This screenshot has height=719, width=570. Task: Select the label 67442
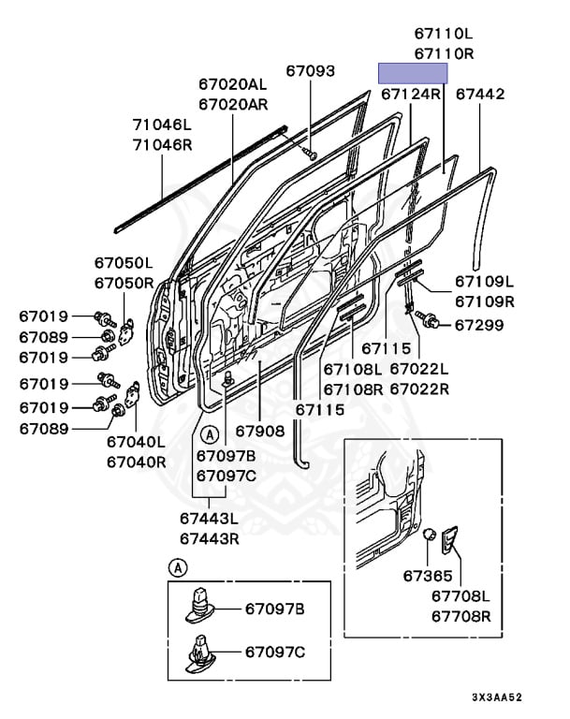click(x=480, y=95)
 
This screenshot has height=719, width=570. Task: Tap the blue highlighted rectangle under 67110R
click(x=412, y=73)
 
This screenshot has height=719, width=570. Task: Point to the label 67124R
click(x=411, y=95)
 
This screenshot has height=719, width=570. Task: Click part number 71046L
click(x=161, y=125)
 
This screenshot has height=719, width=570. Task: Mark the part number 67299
click(x=479, y=325)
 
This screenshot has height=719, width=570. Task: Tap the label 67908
click(x=259, y=432)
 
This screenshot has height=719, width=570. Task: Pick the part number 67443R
click(x=210, y=538)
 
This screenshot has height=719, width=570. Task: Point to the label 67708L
click(x=461, y=595)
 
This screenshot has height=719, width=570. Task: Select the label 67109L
click(x=485, y=281)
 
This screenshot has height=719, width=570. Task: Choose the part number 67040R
click(x=137, y=462)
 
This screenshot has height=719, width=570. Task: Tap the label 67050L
click(x=123, y=263)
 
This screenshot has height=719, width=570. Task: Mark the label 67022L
click(x=418, y=369)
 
